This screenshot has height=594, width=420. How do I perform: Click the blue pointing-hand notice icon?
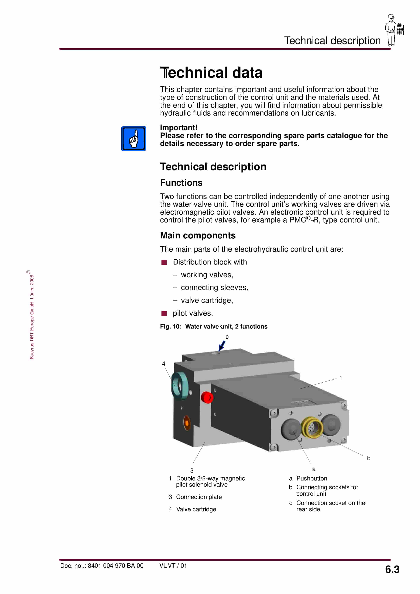[134, 138]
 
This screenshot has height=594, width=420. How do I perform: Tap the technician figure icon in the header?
[394, 30]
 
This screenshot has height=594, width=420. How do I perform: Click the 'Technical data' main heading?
[211, 72]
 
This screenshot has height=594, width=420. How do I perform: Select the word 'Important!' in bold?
[178, 128]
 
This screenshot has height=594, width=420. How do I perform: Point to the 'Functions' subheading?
[181, 183]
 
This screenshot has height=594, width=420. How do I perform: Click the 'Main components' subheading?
[198, 235]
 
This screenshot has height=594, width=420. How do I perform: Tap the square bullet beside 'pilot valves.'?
[164, 314]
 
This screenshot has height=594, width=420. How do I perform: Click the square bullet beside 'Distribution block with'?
[164, 262]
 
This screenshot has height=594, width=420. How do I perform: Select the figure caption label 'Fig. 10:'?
[170, 326]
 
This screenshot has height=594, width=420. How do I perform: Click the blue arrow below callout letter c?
[222, 346]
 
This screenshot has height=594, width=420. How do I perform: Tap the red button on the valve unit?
[207, 397]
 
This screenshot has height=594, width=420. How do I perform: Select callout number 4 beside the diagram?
[164, 364]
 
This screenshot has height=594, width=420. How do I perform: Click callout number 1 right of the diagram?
[341, 378]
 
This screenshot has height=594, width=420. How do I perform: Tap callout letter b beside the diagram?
[368, 458]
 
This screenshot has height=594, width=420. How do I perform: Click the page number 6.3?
[392, 569]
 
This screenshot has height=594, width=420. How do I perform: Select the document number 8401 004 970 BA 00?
[115, 566]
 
